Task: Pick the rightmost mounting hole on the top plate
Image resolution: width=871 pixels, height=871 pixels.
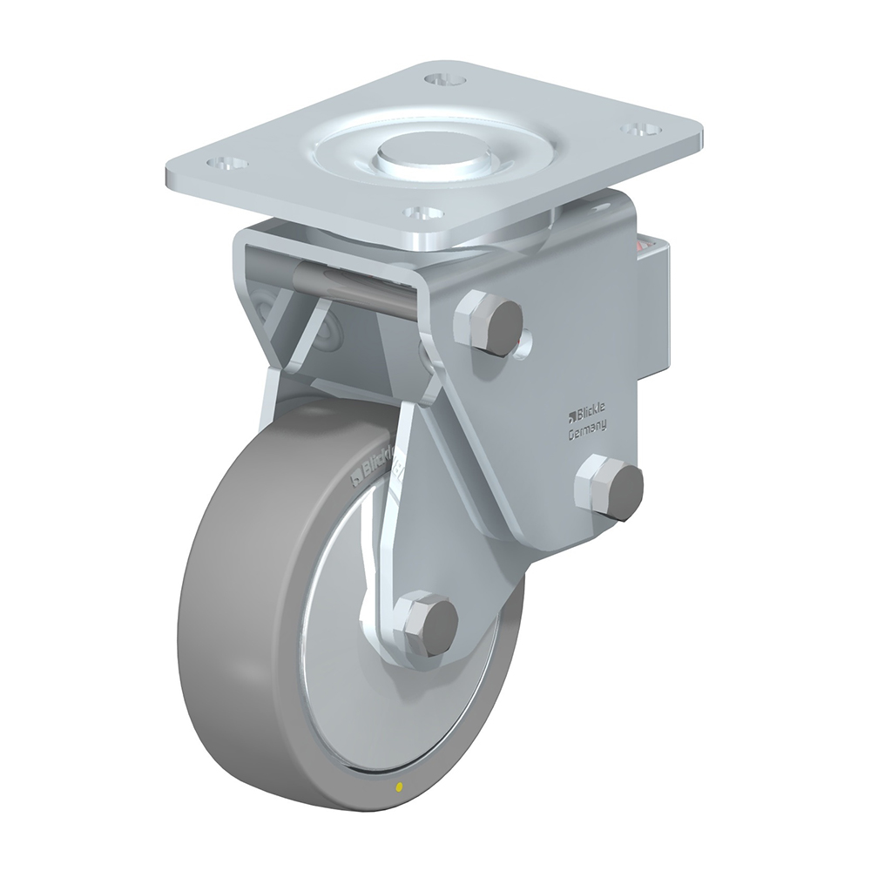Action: point(641,130)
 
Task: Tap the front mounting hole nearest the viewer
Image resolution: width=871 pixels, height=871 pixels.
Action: point(423,213)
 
